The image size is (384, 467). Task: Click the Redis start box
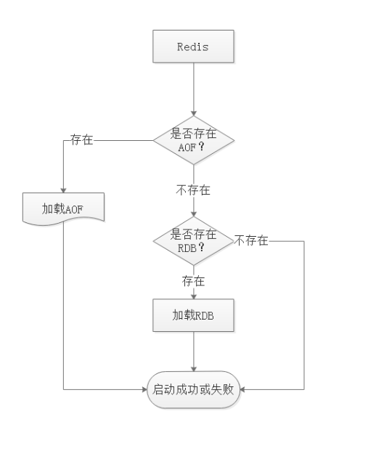193,46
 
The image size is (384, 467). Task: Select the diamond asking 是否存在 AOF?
193,139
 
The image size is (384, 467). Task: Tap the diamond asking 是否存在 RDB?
193,240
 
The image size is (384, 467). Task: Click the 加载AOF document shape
65,208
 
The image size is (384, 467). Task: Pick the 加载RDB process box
193,315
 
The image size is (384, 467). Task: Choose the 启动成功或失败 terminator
193,389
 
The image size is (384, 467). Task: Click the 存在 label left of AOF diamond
81,139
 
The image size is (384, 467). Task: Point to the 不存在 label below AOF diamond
193,191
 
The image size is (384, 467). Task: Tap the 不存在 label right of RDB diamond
251,240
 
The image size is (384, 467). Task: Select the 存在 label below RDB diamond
193,280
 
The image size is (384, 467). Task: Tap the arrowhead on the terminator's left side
144,389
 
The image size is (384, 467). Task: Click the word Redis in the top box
193,46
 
